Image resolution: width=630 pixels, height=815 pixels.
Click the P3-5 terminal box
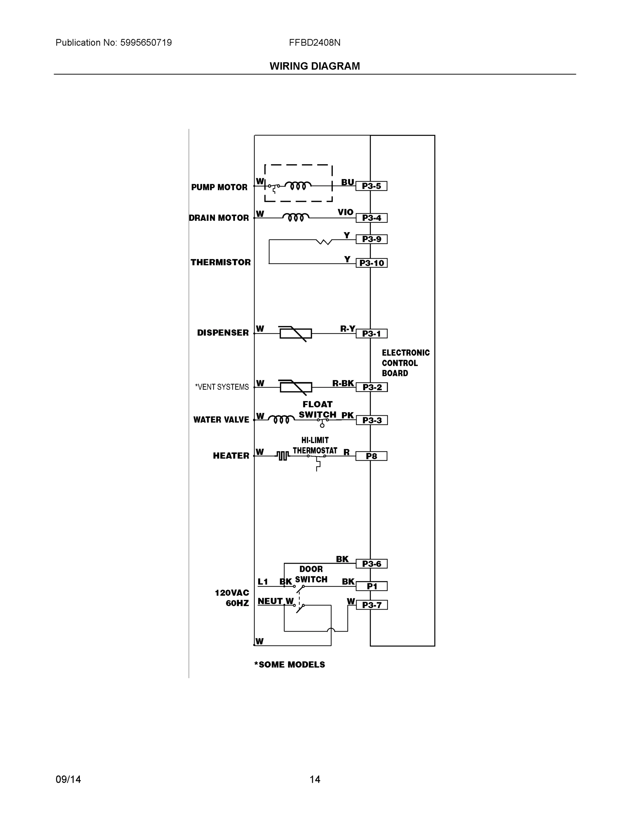pyautogui.click(x=371, y=186)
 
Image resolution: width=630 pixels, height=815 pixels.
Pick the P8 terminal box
pyautogui.click(x=371, y=456)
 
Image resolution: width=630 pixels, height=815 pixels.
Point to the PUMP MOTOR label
pyautogui.click(x=219, y=187)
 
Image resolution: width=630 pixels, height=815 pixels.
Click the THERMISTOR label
pyautogui.click(x=220, y=262)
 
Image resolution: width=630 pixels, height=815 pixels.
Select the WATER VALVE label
pyautogui.click(x=221, y=420)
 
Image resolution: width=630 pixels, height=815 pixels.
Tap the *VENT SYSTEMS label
pyautogui.click(x=222, y=387)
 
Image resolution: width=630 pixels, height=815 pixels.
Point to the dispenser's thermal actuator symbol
pyautogui.click(x=295, y=333)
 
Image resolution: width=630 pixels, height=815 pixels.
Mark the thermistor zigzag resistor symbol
pyautogui.click(x=324, y=242)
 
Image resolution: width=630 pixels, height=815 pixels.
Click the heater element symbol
pyautogui.click(x=283, y=456)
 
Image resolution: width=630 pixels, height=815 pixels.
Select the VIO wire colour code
pyautogui.click(x=345, y=212)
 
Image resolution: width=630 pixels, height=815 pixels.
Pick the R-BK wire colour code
pyautogui.click(x=343, y=383)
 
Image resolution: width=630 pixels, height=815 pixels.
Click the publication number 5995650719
pyautogui.click(x=146, y=42)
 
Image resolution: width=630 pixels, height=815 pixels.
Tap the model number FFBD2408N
pyautogui.click(x=314, y=42)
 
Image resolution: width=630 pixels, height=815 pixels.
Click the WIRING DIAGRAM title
pyautogui.click(x=314, y=66)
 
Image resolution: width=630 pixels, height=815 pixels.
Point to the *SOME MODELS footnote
pyautogui.click(x=290, y=665)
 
